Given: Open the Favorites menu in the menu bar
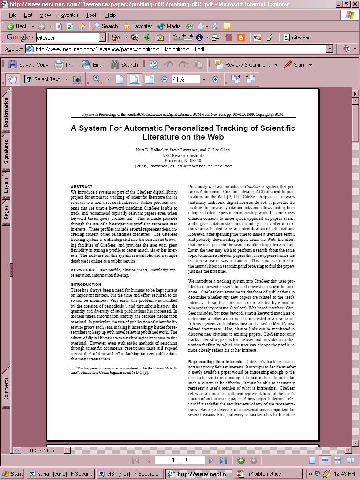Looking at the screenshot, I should pos(68,15).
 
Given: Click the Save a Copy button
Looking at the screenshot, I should pos(29,65).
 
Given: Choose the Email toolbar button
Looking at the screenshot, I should pos(93,65).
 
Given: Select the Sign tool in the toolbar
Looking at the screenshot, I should pos(294,65).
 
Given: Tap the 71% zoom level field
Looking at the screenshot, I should pos(185,79).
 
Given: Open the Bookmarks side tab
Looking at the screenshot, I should pos(7,112).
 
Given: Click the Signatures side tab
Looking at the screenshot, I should pos(7,151).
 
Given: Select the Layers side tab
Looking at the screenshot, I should pos(7,185).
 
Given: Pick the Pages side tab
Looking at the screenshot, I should pos(7,212).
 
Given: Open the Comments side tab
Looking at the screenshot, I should pos(7,389).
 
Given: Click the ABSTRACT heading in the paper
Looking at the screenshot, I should pos(82,187).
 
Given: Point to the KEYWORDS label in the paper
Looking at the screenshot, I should pos(83,270).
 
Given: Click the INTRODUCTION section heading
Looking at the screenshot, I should pos(86,285).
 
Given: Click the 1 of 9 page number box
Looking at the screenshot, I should pos(180,460).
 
